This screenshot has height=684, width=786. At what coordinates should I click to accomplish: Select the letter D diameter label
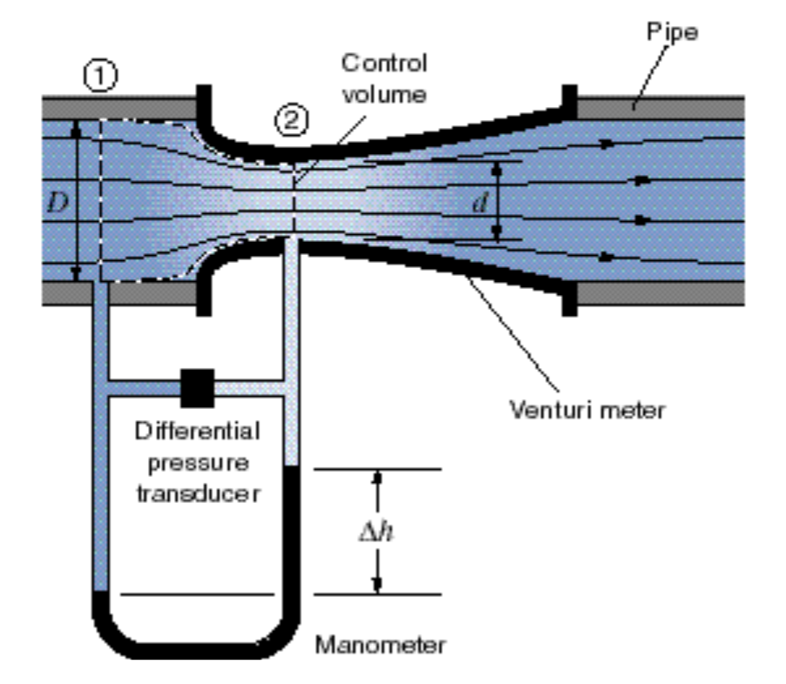[x=57, y=203]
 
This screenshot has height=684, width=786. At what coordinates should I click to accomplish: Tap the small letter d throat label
[x=478, y=204]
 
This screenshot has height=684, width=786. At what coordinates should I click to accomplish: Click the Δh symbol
[x=376, y=532]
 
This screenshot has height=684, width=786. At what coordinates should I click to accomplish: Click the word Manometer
[x=380, y=645]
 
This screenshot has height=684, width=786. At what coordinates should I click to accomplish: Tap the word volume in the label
[x=383, y=93]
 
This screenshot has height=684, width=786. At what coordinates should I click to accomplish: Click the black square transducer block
[x=197, y=388]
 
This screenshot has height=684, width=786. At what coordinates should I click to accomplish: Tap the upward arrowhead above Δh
[x=377, y=478]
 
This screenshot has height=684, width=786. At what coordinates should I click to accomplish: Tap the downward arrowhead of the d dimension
[x=498, y=234]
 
